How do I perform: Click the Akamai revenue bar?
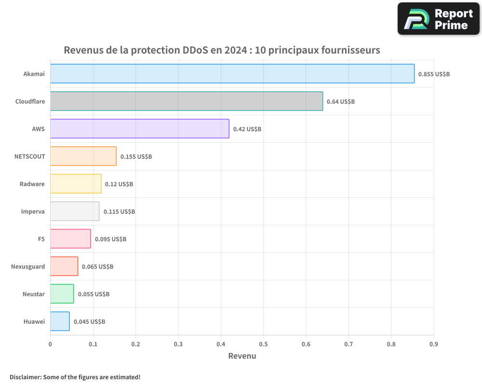232,74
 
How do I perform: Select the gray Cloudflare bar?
187,101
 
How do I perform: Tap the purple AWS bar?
139,129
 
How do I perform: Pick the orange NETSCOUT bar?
83,156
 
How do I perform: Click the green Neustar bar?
62,294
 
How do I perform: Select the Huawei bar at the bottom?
60,321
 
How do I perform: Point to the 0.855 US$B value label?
434,74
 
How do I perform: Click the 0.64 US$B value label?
341,102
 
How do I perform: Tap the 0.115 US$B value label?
119,212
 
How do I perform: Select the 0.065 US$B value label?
97,267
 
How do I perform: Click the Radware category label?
32,184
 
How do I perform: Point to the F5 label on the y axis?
41,239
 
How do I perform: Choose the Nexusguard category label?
28,266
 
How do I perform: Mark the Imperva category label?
33,211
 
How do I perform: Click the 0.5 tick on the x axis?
263,344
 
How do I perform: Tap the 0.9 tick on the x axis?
433,344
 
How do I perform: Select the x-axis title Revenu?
242,356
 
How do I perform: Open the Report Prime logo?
439,19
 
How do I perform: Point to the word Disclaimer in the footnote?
25,377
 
